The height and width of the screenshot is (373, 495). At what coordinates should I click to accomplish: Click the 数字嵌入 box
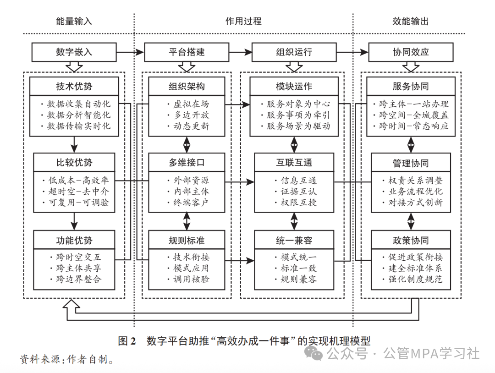(x=74, y=52)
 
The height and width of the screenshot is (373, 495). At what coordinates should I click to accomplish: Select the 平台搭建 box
(x=187, y=52)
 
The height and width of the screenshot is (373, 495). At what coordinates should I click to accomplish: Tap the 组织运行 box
(x=294, y=52)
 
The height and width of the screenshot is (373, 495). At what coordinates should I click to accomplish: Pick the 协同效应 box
(x=411, y=52)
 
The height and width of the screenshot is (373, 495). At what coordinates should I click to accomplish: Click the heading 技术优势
(x=74, y=86)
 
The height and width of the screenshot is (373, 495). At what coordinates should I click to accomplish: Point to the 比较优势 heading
(x=74, y=163)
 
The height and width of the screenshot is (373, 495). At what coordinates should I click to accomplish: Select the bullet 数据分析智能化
(x=75, y=115)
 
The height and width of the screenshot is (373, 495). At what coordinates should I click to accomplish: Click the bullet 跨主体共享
(x=75, y=268)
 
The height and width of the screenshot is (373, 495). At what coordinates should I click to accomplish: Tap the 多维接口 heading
(x=187, y=163)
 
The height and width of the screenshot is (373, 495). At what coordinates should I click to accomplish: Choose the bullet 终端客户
(x=188, y=202)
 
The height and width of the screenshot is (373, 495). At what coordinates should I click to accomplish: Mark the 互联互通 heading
(x=294, y=163)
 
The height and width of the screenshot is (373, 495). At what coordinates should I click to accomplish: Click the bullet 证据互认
(x=296, y=192)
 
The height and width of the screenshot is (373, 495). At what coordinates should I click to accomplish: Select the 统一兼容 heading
(x=294, y=240)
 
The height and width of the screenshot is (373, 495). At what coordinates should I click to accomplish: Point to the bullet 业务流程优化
(x=412, y=192)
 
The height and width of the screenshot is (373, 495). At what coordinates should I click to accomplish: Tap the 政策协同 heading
(x=411, y=240)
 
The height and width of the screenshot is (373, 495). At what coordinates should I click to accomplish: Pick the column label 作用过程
(x=243, y=22)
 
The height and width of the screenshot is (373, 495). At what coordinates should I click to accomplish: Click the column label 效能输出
(x=411, y=22)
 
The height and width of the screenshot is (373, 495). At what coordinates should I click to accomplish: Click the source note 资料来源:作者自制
(x=67, y=359)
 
